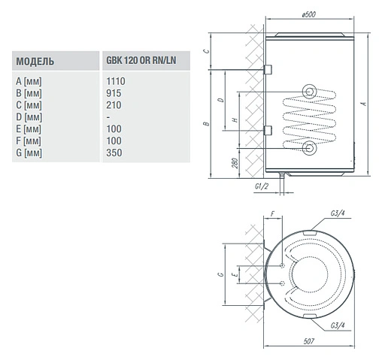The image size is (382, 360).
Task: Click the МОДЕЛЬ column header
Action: [x=35, y=61]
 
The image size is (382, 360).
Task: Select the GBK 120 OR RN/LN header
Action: [x=141, y=61]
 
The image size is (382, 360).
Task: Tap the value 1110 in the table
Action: [x=116, y=80]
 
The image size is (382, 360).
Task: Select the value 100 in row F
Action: [x=114, y=141]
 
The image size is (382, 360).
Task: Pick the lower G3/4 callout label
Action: [x=337, y=324]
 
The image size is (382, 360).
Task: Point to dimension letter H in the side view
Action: [x=235, y=119]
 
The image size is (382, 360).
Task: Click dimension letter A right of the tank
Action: [x=363, y=104]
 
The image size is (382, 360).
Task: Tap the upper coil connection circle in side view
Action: [x=310, y=92]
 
